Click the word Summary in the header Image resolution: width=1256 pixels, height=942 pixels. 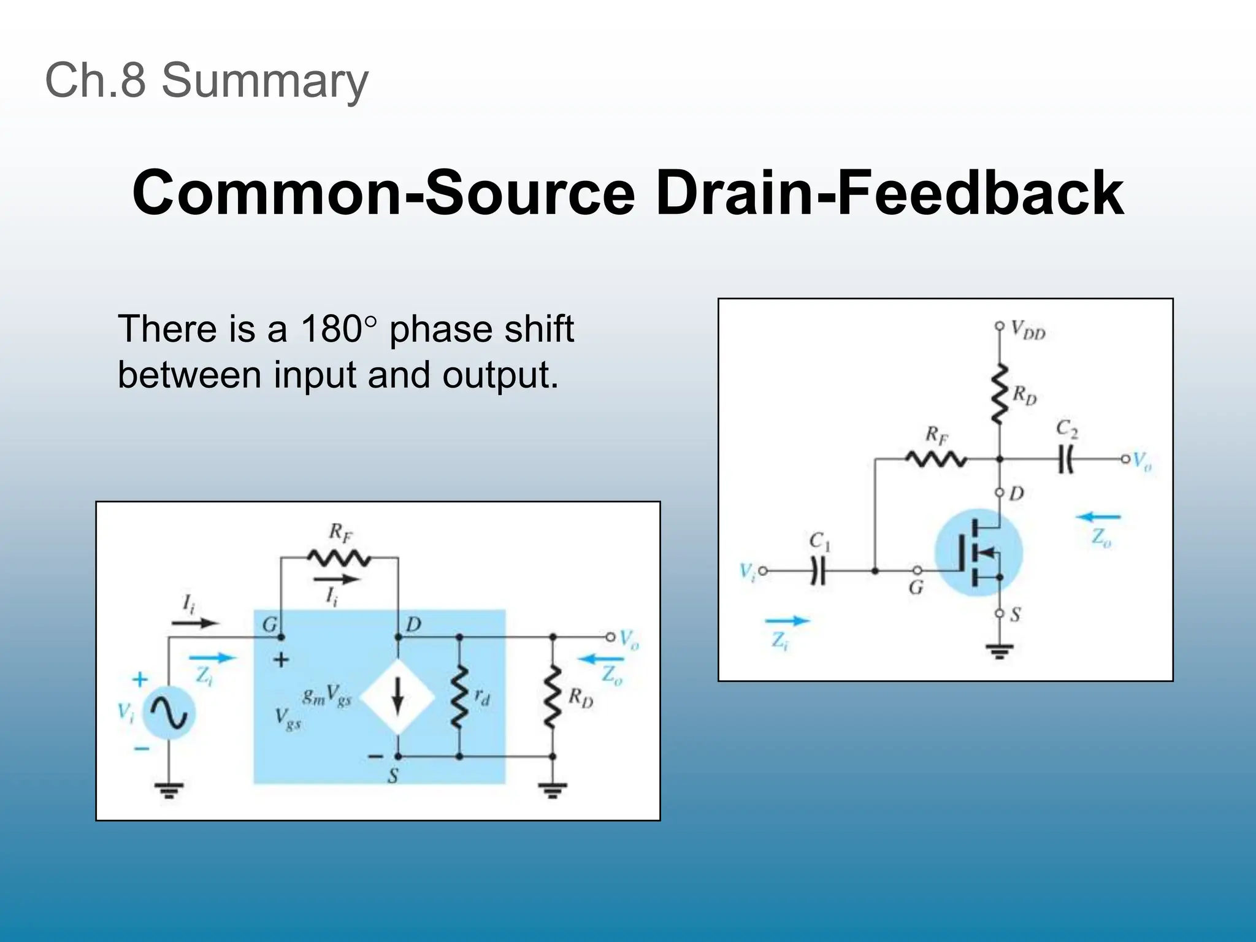pyautogui.click(x=264, y=81)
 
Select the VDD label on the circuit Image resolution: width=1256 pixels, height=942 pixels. pyautogui.click(x=1028, y=330)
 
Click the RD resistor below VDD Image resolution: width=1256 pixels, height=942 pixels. pyautogui.click(x=1000, y=393)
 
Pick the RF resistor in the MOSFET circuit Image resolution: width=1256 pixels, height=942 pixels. pyautogui.click(x=936, y=459)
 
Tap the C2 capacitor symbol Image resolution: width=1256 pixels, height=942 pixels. pyautogui.click(x=1066, y=459)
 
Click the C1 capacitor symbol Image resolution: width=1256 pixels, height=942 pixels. pyautogui.click(x=818, y=571)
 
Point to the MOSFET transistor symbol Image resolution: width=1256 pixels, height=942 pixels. pyautogui.click(x=979, y=553)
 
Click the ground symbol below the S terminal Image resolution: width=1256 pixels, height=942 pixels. pyautogui.click(x=1000, y=651)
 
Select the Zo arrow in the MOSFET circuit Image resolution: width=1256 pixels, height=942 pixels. pyautogui.click(x=1099, y=518)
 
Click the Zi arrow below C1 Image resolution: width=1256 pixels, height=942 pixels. pyautogui.click(x=787, y=621)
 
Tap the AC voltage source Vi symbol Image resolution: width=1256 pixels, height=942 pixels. pyautogui.click(x=169, y=713)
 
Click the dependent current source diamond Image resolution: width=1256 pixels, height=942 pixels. pyautogui.click(x=397, y=697)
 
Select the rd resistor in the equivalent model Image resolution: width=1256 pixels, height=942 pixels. pyautogui.click(x=459, y=697)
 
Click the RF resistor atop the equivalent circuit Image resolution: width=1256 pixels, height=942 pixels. pyautogui.click(x=339, y=558)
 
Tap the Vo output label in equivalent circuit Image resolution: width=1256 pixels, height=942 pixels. pyautogui.click(x=629, y=639)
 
